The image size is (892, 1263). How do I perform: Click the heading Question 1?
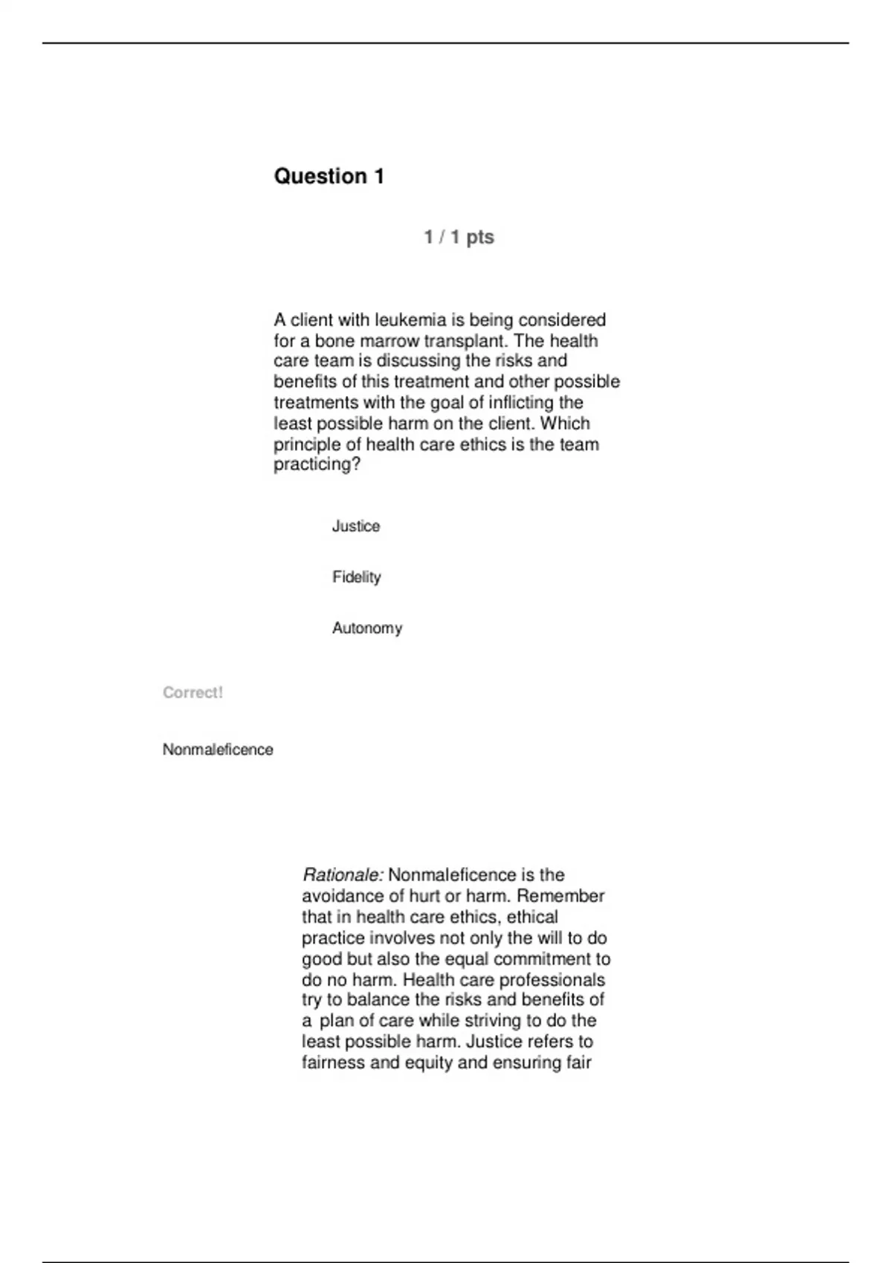329,176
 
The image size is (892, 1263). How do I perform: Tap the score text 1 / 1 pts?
459,237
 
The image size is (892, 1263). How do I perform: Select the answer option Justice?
355,526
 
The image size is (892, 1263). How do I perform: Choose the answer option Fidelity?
356,577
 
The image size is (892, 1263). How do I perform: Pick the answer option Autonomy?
366,629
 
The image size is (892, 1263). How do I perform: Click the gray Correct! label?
193,692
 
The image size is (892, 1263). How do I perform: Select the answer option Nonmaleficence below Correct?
218,750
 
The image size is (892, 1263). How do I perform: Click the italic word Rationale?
343,874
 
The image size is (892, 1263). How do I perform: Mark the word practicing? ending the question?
317,465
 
